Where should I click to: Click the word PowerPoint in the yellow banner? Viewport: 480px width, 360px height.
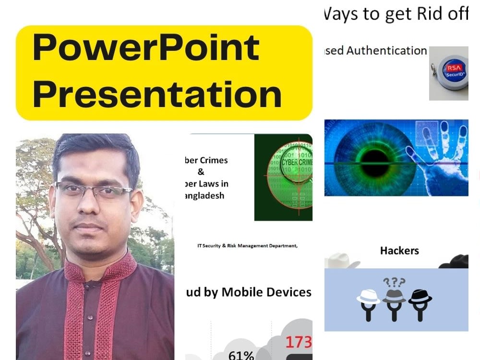(x=146, y=48)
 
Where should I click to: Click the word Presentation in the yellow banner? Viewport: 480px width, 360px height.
(x=157, y=94)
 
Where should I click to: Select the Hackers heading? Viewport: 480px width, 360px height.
(x=399, y=251)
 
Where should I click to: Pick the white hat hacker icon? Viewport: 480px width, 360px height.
(x=368, y=302)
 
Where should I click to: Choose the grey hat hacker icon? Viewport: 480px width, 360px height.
(x=394, y=300)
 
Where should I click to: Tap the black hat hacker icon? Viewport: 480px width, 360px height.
(x=420, y=302)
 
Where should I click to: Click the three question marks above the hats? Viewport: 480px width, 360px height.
(x=394, y=282)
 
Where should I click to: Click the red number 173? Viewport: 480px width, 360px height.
(x=299, y=342)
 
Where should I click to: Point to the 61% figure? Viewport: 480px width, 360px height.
(x=241, y=356)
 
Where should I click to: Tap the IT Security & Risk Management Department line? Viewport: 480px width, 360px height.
(x=247, y=246)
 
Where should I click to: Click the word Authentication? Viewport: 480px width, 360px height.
(x=386, y=50)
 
